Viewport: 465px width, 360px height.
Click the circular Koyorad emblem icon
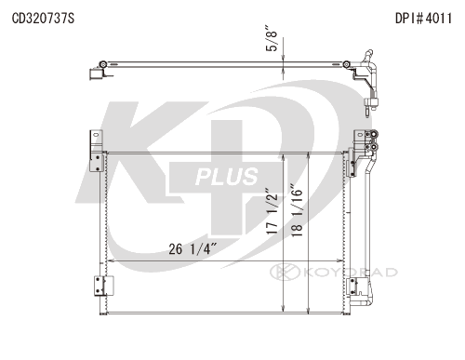[x=277, y=272]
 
